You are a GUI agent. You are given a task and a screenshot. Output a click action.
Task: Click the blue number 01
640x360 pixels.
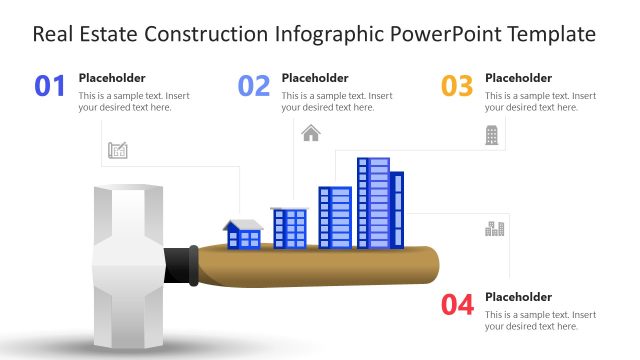pos(50,86)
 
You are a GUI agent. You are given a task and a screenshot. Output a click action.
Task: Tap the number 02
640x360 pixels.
pos(254,86)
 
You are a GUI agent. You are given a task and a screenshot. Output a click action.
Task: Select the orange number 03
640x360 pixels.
pos(457,86)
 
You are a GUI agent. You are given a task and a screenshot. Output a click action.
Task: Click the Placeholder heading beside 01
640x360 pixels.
pos(112,77)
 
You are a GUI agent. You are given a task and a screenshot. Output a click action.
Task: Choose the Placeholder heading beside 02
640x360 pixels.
pos(315,77)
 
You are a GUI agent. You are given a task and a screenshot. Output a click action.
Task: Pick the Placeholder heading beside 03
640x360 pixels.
pos(518,77)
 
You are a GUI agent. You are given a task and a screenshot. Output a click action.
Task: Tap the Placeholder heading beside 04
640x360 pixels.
pos(518,296)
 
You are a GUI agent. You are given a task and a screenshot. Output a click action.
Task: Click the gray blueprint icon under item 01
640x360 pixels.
pos(118,151)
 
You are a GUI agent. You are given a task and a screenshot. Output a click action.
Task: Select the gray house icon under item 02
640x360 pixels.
pos(311,133)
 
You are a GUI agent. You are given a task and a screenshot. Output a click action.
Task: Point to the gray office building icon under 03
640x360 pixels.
pos(492,135)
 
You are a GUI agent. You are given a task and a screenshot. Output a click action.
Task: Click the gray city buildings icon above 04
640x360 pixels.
pos(494,229)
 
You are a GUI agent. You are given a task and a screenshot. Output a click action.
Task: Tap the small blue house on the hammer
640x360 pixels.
pos(243,235)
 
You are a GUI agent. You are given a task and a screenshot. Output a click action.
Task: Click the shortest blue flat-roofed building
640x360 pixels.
pos(290,228)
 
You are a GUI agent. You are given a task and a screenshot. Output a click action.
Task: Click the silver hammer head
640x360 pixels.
pos(125,264)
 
